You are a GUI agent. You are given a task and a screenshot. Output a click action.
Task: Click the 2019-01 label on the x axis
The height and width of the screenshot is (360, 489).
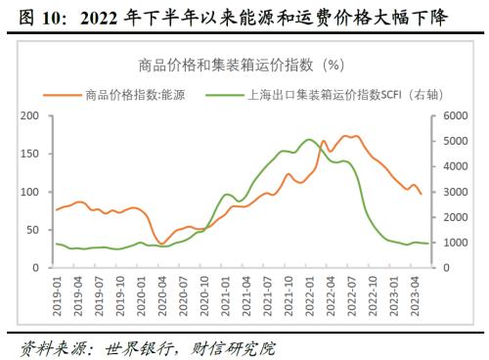click(56, 292)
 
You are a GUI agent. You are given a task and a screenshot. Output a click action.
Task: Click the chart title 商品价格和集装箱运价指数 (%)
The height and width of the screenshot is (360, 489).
click(239, 66)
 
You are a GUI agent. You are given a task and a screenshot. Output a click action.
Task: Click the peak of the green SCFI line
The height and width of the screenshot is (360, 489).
click(309, 139)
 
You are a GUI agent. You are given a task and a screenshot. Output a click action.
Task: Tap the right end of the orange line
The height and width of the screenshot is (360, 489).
click(422, 194)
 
